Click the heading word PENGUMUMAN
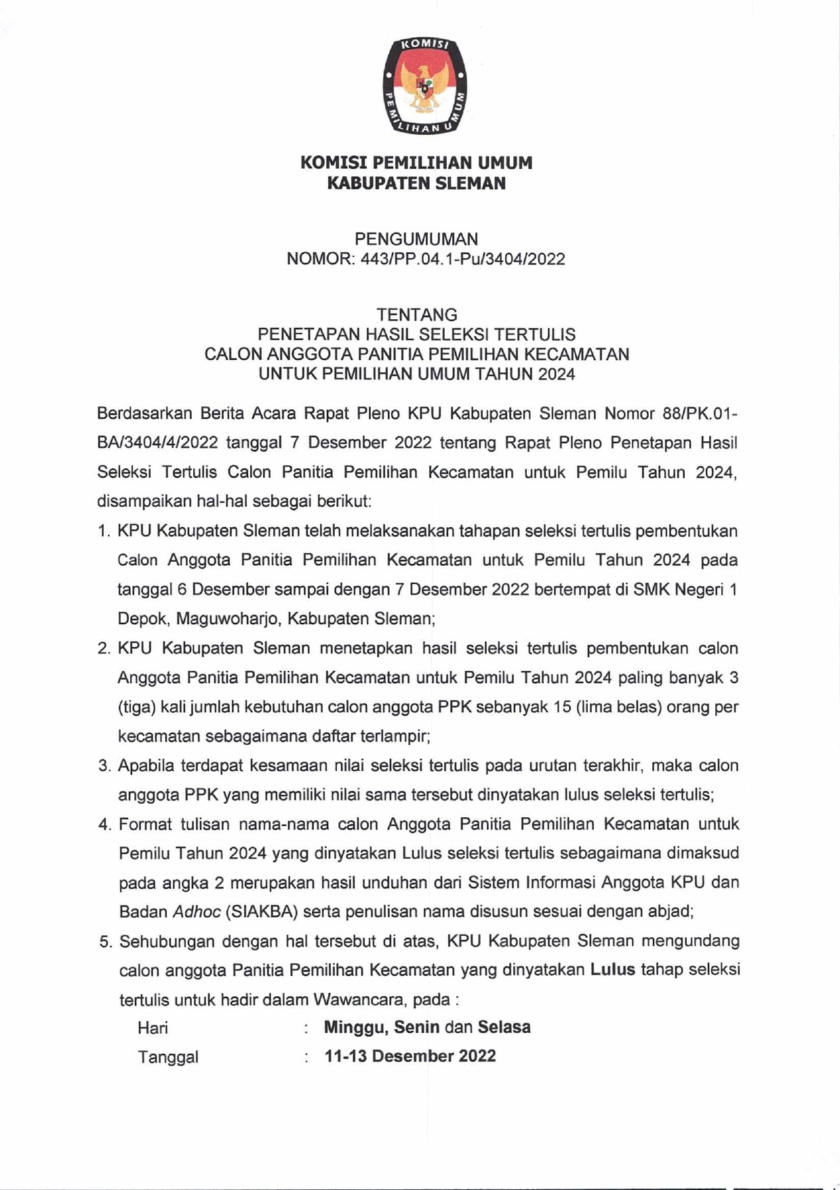click(416, 239)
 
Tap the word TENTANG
click(416, 314)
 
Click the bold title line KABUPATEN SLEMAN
click(416, 184)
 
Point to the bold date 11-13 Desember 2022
click(410, 1056)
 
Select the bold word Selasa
click(504, 1027)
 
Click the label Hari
click(153, 1028)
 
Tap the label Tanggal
click(168, 1057)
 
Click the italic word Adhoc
click(197, 911)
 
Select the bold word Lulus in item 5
click(612, 970)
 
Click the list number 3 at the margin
click(104, 766)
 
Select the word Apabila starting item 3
click(148, 766)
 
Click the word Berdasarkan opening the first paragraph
click(144, 413)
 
